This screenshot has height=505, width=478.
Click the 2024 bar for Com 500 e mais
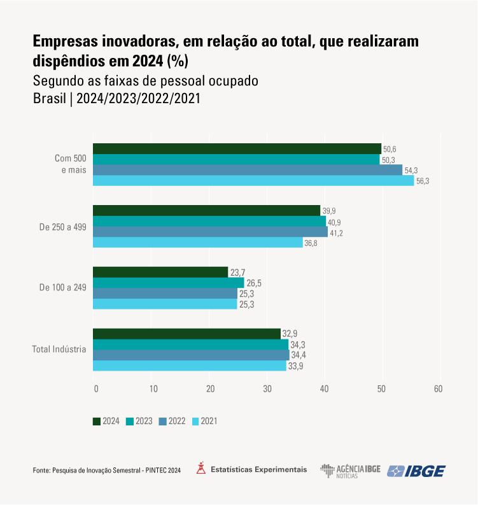[237, 148]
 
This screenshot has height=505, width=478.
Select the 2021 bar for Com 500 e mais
[255, 181]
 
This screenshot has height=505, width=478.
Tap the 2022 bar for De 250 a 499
[210, 232]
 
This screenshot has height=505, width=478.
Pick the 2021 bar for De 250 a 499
[198, 243]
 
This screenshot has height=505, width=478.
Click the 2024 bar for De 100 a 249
[160, 272]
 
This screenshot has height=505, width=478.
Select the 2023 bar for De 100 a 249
[169, 283]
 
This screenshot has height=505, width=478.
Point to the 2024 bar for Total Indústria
[186, 334]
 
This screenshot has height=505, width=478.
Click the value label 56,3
[423, 181]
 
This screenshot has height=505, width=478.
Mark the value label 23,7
[237, 273]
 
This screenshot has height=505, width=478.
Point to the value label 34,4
[298, 355]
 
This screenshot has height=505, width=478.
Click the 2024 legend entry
[106, 421]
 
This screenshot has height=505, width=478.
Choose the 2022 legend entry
[172, 421]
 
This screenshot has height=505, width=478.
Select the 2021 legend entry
[204, 421]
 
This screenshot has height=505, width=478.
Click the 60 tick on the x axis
[438, 388]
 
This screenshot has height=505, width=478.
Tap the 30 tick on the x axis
[267, 388]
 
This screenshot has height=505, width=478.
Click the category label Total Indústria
[59, 349]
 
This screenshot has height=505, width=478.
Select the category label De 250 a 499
[63, 226]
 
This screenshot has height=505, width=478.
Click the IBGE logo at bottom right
[417, 471]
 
